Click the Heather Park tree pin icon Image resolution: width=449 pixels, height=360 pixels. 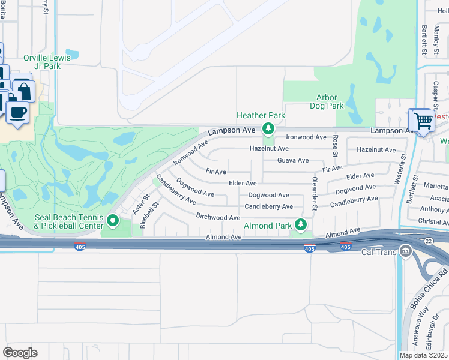(x=268, y=128)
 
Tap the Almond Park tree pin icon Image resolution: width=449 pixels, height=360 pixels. (x=301, y=226)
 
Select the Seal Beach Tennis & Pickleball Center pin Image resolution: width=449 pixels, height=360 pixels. (x=112, y=222)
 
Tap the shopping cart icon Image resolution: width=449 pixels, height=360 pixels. (x=423, y=121)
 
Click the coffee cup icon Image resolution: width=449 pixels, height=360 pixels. (x=17, y=112)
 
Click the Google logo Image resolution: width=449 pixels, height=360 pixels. (x=20, y=353)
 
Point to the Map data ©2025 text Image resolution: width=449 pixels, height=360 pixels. (x=423, y=355)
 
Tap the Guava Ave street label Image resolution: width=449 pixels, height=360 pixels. (x=293, y=160)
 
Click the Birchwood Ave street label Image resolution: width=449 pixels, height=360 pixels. (x=218, y=217)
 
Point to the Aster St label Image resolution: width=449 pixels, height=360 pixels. (x=143, y=202)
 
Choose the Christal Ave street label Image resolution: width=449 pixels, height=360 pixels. (x=433, y=221)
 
